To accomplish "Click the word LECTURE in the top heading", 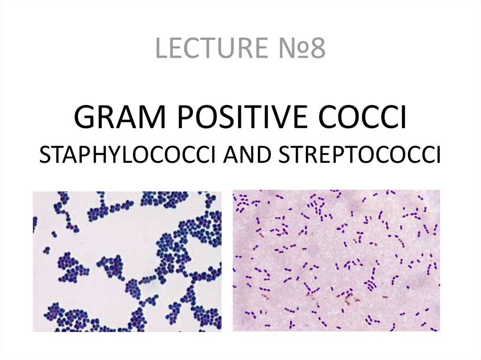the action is click(x=211, y=47).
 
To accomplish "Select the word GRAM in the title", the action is click(x=120, y=117).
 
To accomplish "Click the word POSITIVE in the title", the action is click(x=242, y=117).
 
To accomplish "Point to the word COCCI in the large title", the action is click(x=363, y=117).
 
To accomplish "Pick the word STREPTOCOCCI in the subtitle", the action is click(x=359, y=154).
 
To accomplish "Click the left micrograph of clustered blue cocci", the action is click(x=127, y=261).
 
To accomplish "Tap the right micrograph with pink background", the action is click(x=336, y=260).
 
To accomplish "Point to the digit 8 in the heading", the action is click(x=318, y=48).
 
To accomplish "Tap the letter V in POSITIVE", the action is click(x=280, y=117).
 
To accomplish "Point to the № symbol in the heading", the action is click(x=291, y=47).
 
